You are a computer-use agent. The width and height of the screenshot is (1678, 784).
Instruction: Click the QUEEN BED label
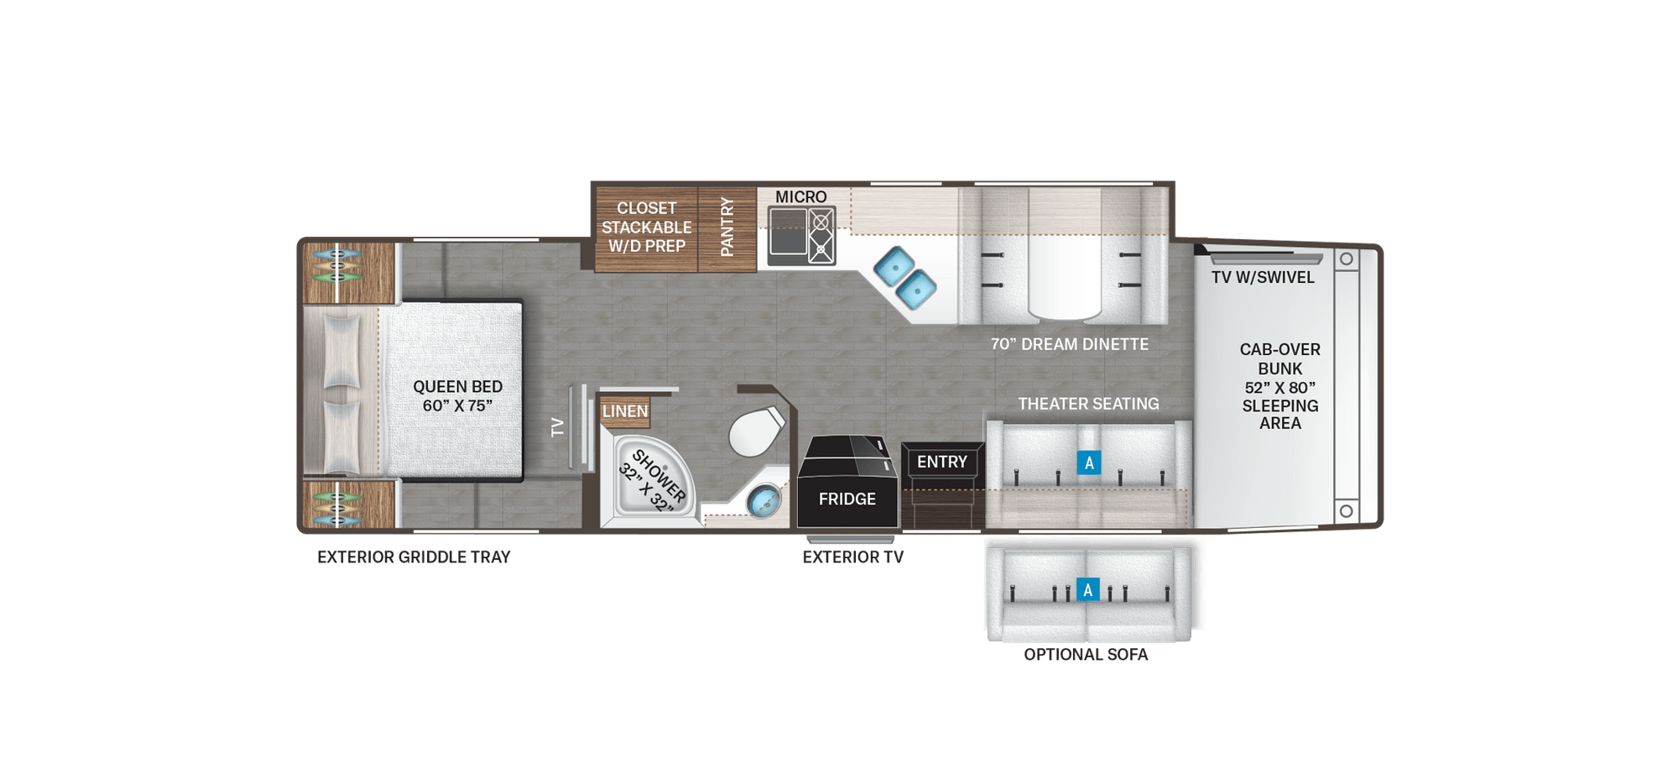coord(457,395)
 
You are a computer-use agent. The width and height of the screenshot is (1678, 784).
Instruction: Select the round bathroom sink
coord(764,503)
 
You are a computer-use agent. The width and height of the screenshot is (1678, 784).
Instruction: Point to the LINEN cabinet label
coord(625,411)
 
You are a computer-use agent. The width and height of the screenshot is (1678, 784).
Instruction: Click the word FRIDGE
coord(847,499)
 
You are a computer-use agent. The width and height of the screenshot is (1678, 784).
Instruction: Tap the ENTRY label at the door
coord(941,462)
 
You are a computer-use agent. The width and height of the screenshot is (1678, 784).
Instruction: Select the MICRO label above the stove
coord(800,196)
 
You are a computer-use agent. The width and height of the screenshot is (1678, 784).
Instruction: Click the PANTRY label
coord(727,227)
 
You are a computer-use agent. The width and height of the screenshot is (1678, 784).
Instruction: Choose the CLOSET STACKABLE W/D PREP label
coord(646,227)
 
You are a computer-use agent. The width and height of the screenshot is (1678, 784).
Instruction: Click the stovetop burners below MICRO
coord(821,236)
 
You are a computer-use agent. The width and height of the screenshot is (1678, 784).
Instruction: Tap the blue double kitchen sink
coord(904,277)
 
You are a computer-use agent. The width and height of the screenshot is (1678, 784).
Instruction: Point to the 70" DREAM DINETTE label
coord(1069,344)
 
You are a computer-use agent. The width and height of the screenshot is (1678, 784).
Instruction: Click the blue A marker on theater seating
coord(1089,463)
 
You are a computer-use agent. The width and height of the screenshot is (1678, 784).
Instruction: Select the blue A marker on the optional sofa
coord(1087,590)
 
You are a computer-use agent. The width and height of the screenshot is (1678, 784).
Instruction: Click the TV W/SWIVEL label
coord(1263,278)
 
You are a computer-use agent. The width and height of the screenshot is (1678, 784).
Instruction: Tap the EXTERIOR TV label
coord(852,557)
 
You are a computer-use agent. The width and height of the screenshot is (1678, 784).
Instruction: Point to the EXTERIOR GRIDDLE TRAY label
coord(414,557)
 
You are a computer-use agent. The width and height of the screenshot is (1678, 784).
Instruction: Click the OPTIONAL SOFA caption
coord(1086,655)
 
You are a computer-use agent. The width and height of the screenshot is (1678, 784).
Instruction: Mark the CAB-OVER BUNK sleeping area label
coord(1279,386)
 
